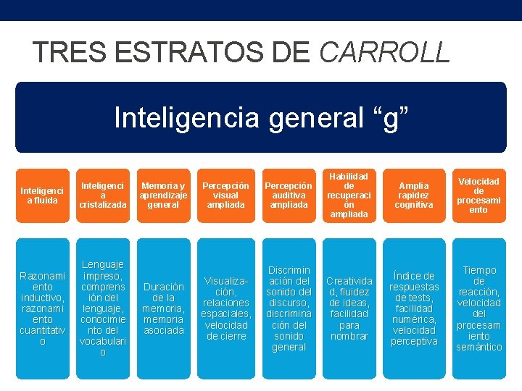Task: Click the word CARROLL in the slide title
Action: pos(384,52)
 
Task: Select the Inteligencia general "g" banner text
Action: pos(260,117)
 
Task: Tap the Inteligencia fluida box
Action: pos(42,195)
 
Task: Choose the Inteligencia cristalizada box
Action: pos(103,195)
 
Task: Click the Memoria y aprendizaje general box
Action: pos(163,195)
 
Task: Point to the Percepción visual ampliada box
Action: pos(225,195)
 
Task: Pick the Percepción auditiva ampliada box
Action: pos(288,195)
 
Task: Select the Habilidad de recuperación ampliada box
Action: pos(349,195)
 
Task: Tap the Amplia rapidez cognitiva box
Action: pos(413,195)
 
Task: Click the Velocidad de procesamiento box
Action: pos(478,195)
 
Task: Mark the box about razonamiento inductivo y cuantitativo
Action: pos(42,308)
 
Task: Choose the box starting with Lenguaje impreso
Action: pos(103,308)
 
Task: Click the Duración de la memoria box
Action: pos(163,308)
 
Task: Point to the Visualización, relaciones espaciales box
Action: pos(225,308)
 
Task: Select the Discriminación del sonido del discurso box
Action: pos(288,308)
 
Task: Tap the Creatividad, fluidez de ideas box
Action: pos(349,308)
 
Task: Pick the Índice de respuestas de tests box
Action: pos(413,308)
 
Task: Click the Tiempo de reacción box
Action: pos(478,308)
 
